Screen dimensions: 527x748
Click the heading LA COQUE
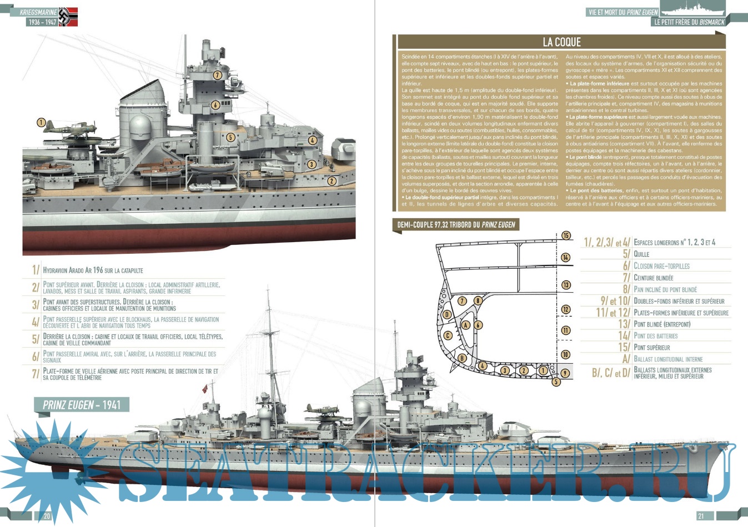point(561,42)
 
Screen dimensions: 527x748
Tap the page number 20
point(47,516)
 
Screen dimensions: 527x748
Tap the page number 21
point(701,516)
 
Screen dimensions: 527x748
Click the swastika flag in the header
point(68,17)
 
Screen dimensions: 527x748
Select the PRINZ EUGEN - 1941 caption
point(82,405)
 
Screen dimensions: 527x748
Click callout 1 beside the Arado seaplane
point(41,123)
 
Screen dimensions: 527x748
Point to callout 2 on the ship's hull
point(332,180)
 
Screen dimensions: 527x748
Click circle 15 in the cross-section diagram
point(565,235)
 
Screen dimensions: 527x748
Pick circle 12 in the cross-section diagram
point(565,309)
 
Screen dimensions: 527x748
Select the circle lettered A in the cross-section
point(466,325)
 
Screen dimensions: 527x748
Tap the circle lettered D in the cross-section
point(446,314)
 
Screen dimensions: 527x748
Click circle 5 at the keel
point(556,382)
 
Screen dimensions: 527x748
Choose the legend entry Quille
point(641,254)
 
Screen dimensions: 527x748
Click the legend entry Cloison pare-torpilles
point(661,266)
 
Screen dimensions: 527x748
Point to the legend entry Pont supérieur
point(652,348)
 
